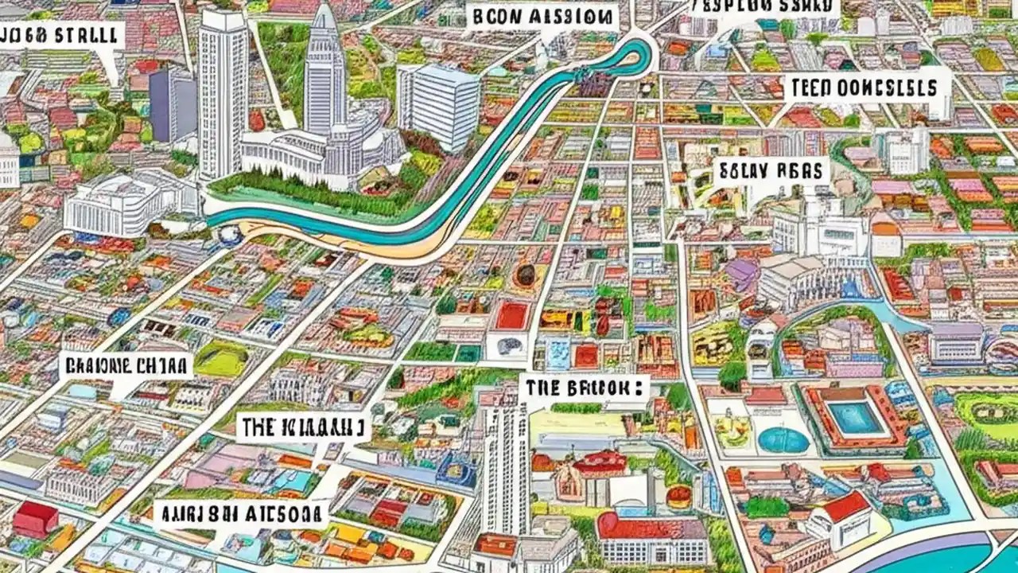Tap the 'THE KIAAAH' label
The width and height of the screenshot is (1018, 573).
(x=304, y=428)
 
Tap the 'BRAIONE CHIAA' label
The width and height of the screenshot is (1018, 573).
(x=126, y=365)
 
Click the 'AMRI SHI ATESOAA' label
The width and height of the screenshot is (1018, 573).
(x=240, y=513)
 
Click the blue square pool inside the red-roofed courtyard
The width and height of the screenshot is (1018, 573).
(x=856, y=417)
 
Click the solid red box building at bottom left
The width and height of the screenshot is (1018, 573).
(x=36, y=519)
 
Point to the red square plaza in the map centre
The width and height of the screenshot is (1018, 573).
(x=512, y=316)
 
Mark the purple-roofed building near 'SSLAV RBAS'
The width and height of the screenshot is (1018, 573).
(x=741, y=275)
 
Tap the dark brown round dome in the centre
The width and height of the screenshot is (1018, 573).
(x=524, y=275)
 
